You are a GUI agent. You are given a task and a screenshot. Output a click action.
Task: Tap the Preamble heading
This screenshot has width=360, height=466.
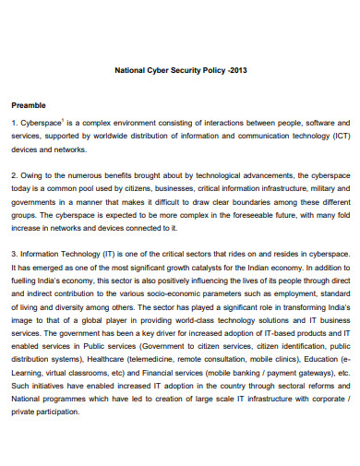click(29, 105)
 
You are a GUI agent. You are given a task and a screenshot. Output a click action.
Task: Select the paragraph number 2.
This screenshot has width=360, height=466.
click(13, 173)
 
